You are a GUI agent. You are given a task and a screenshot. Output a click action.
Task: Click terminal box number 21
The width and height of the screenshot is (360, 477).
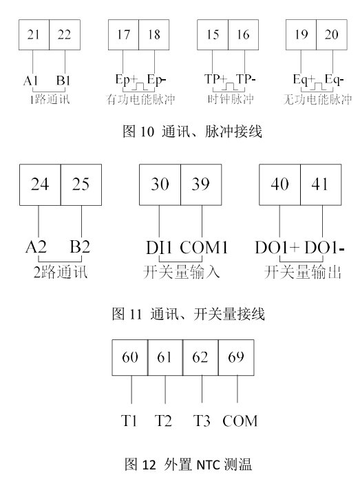tap(34, 34)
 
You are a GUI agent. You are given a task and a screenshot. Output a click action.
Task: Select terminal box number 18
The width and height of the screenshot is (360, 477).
tap(154, 34)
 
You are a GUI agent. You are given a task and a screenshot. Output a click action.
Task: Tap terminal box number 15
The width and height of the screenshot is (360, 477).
tap(213, 34)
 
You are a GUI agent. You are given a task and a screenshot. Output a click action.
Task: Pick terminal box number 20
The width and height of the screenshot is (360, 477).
tap(332, 34)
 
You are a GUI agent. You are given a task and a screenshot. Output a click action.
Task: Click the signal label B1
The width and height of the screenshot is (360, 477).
tap(63, 81)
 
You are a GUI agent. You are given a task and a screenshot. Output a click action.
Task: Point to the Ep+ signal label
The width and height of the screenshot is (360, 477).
tap(127, 80)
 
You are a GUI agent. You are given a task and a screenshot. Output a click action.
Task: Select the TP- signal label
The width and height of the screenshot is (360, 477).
tap(246, 79)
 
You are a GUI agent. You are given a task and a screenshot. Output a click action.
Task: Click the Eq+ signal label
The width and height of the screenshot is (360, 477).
tap(304, 80)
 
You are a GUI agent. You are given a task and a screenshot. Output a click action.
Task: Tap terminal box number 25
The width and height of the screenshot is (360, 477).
tap(81, 184)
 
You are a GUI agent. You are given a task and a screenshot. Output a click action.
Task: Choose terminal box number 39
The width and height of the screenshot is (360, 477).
tap(201, 184)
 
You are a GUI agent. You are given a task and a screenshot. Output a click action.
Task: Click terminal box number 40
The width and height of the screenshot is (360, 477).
tap(279, 184)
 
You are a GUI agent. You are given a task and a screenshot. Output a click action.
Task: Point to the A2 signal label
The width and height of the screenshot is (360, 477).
tap(36, 246)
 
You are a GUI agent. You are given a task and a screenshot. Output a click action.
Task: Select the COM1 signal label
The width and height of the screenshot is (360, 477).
tap(204, 247)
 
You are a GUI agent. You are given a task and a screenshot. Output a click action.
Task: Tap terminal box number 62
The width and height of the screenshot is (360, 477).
tap(200, 357)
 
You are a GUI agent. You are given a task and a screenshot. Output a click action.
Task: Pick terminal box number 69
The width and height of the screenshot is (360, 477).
tap(236, 357)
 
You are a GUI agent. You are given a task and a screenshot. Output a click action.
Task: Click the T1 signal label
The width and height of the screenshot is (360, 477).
tap(129, 421)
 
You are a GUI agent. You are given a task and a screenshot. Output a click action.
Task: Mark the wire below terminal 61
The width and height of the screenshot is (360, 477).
tap(165, 390)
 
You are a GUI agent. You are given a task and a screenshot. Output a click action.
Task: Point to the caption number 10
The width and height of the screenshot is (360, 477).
tap(147, 131)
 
